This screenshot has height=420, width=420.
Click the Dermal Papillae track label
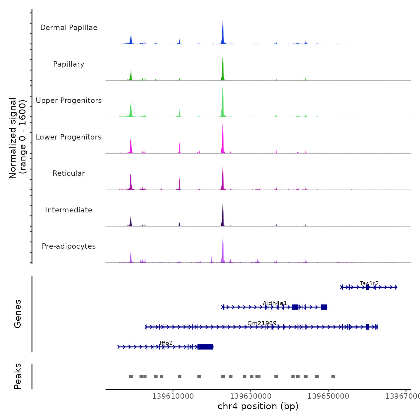click(x=69, y=28)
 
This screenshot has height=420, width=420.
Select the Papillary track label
click(x=69, y=64)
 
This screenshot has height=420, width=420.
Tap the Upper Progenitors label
click(x=69, y=100)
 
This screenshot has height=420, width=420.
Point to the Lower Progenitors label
click(x=69, y=137)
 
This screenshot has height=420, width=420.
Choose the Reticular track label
click(x=69, y=173)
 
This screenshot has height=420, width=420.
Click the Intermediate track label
click(x=69, y=210)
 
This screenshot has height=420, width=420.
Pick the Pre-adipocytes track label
click(x=69, y=246)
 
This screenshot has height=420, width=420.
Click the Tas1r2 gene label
click(x=369, y=283)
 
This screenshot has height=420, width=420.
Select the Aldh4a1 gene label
click(x=275, y=303)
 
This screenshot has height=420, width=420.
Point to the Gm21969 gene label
click(x=262, y=323)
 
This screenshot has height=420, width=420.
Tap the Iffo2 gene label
click(x=166, y=343)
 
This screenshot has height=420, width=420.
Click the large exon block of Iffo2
click(x=205, y=347)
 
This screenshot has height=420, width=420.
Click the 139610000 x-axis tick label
click(x=173, y=396)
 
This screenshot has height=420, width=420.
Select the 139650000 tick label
click(x=328, y=396)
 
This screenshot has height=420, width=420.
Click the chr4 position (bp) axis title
click(x=258, y=406)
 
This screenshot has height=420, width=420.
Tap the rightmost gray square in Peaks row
click(x=333, y=376)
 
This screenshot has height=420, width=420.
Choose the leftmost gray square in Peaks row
click(x=131, y=376)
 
